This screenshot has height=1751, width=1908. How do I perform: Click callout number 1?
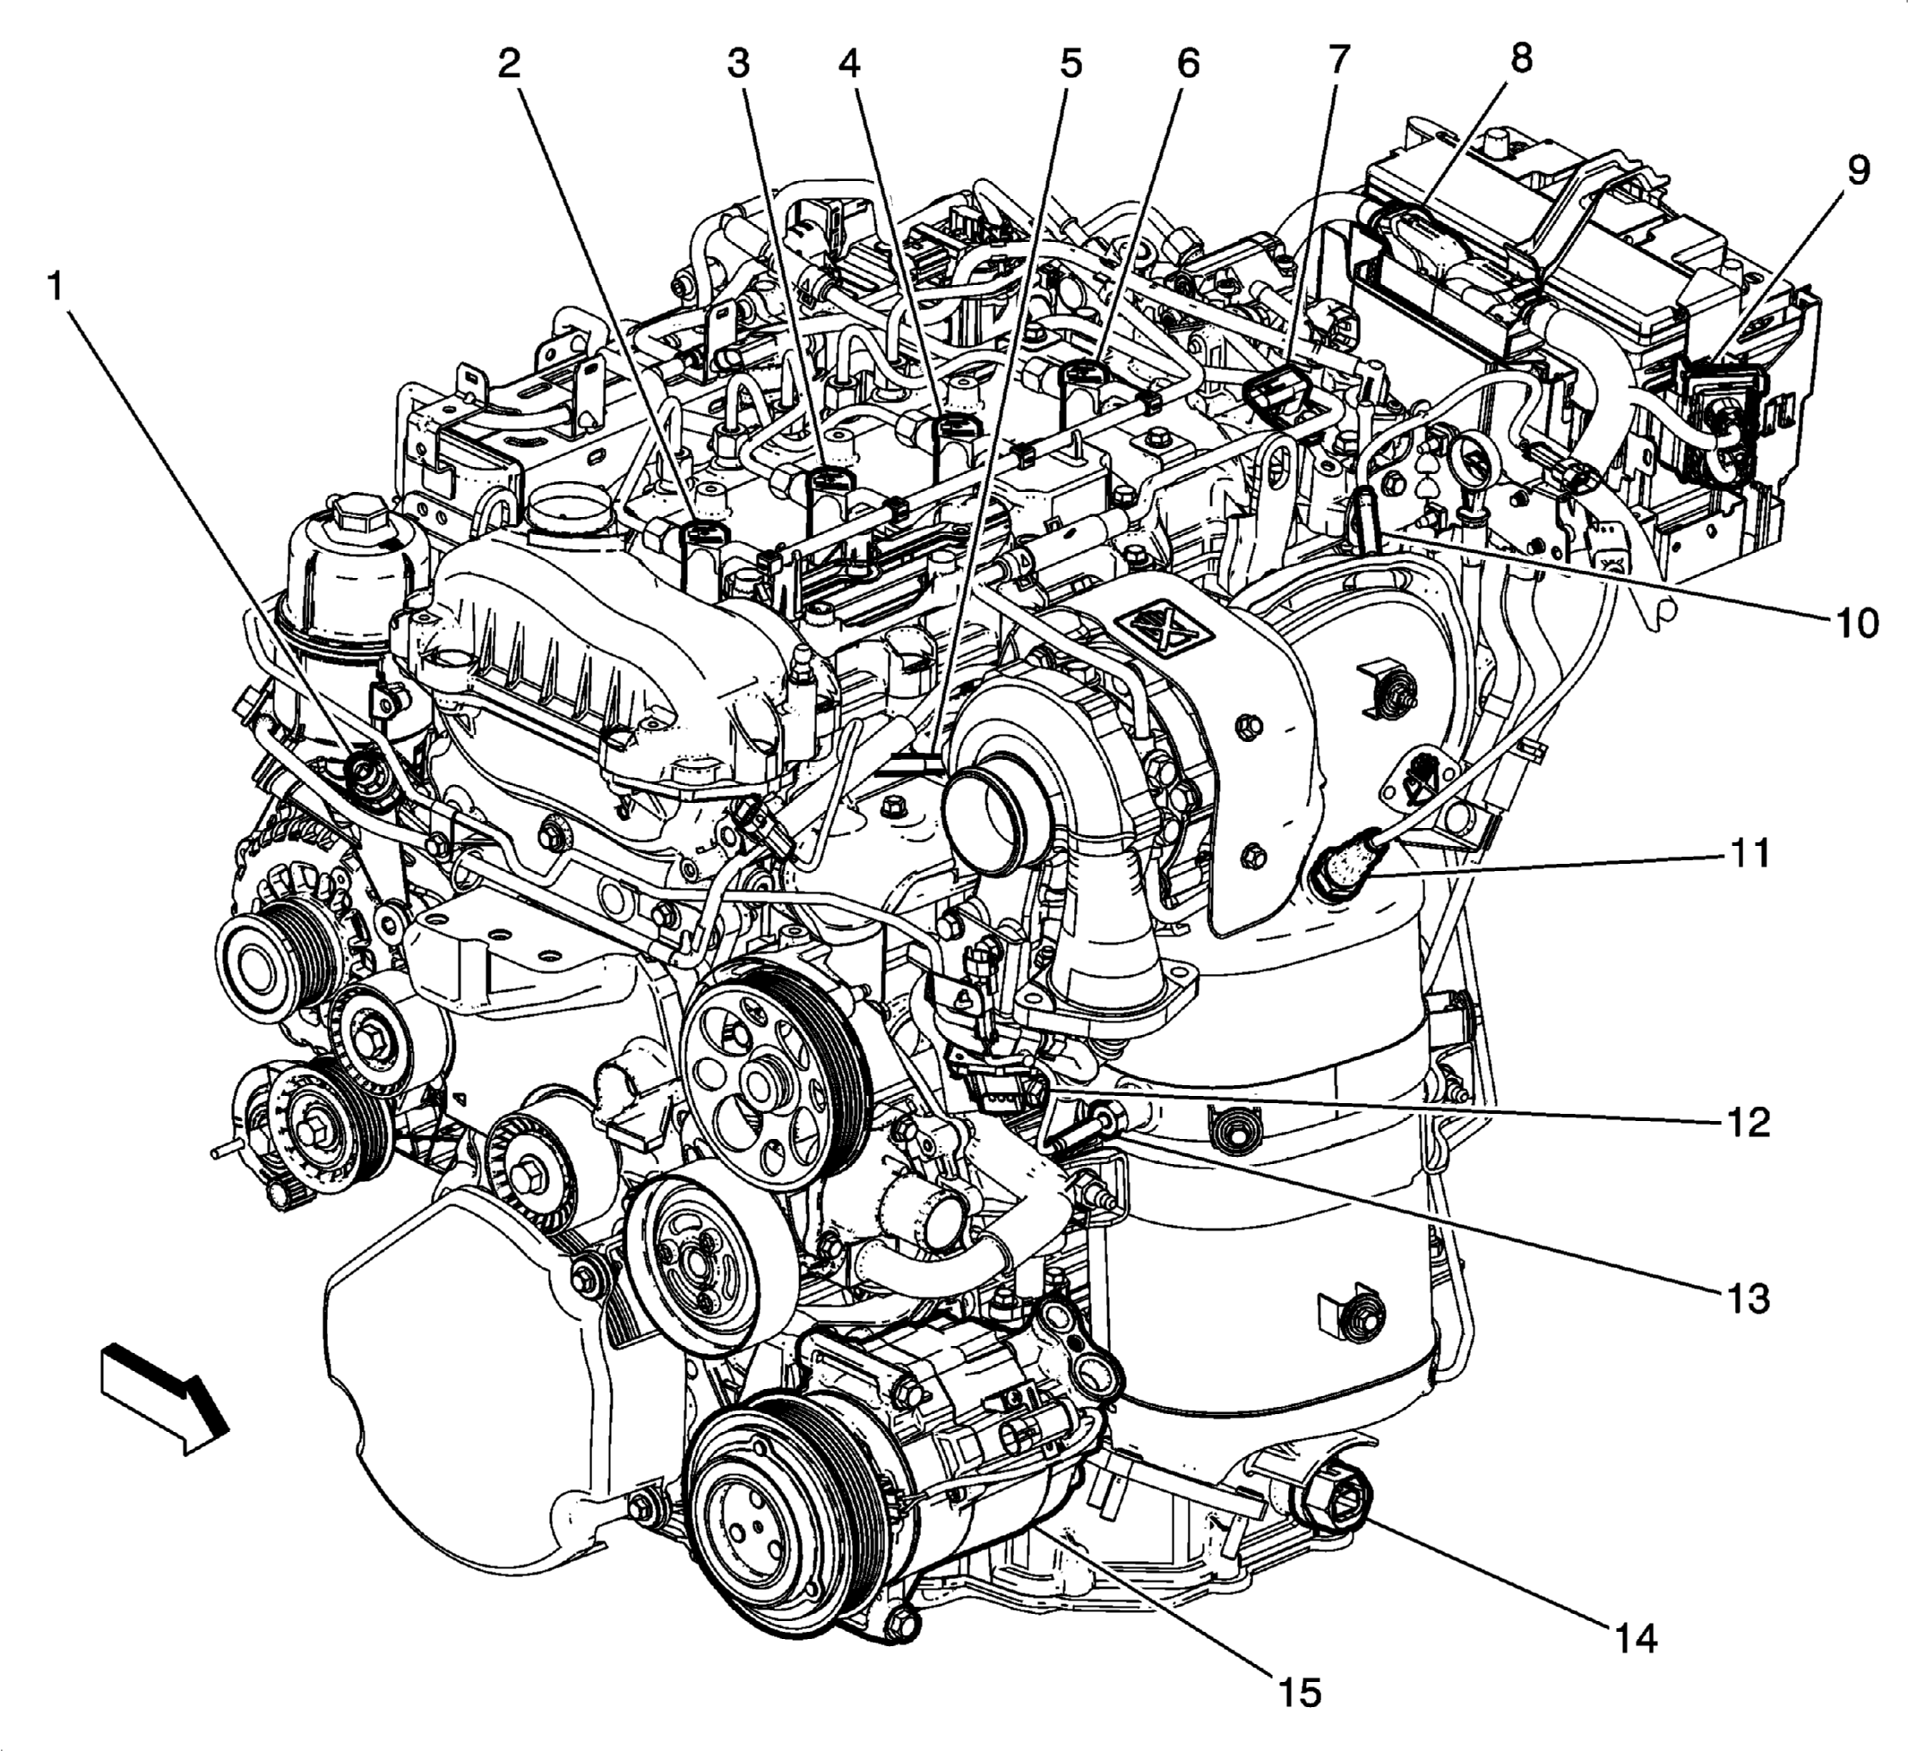pyautogui.click(x=56, y=287)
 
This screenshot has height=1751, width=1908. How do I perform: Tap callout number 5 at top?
pyautogui.click(x=1070, y=64)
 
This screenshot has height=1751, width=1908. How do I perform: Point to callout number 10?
pyautogui.click(x=1856, y=623)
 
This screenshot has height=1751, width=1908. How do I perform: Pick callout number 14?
pyautogui.click(x=1636, y=1637)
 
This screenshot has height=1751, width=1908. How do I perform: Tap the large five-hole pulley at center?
pyautogui.click(x=755, y=1078)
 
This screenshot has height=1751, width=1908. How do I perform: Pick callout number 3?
pyautogui.click(x=739, y=64)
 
